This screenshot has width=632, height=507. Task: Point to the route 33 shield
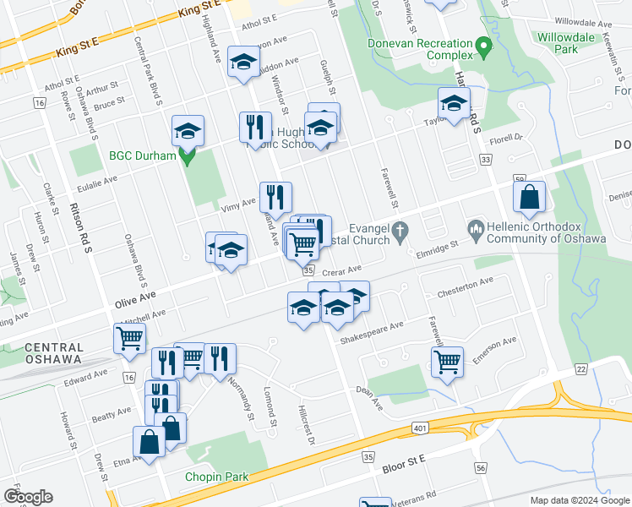coord(485,158)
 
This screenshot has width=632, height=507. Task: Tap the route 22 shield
coord(581,369)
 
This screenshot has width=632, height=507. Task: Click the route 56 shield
coord(481,467)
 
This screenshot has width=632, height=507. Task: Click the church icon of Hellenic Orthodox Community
coord(475,228)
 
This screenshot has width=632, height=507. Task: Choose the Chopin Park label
coord(217,477)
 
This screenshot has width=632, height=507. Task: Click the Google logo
coord(28,497)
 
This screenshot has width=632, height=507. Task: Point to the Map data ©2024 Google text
coord(580,500)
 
